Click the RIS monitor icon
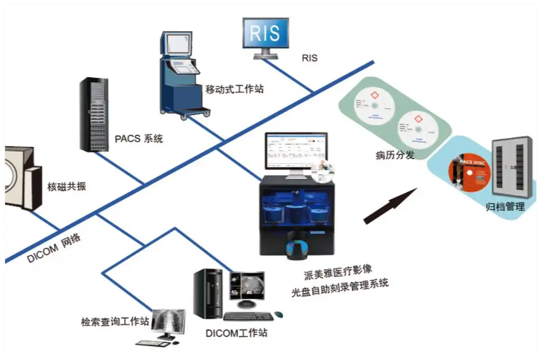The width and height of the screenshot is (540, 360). [x=265, y=33]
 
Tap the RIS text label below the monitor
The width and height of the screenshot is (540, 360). [x=310, y=57]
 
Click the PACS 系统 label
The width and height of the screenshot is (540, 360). [x=139, y=139]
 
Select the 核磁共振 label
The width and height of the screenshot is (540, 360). [x=67, y=186]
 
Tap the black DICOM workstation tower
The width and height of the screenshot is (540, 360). [x=208, y=293]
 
